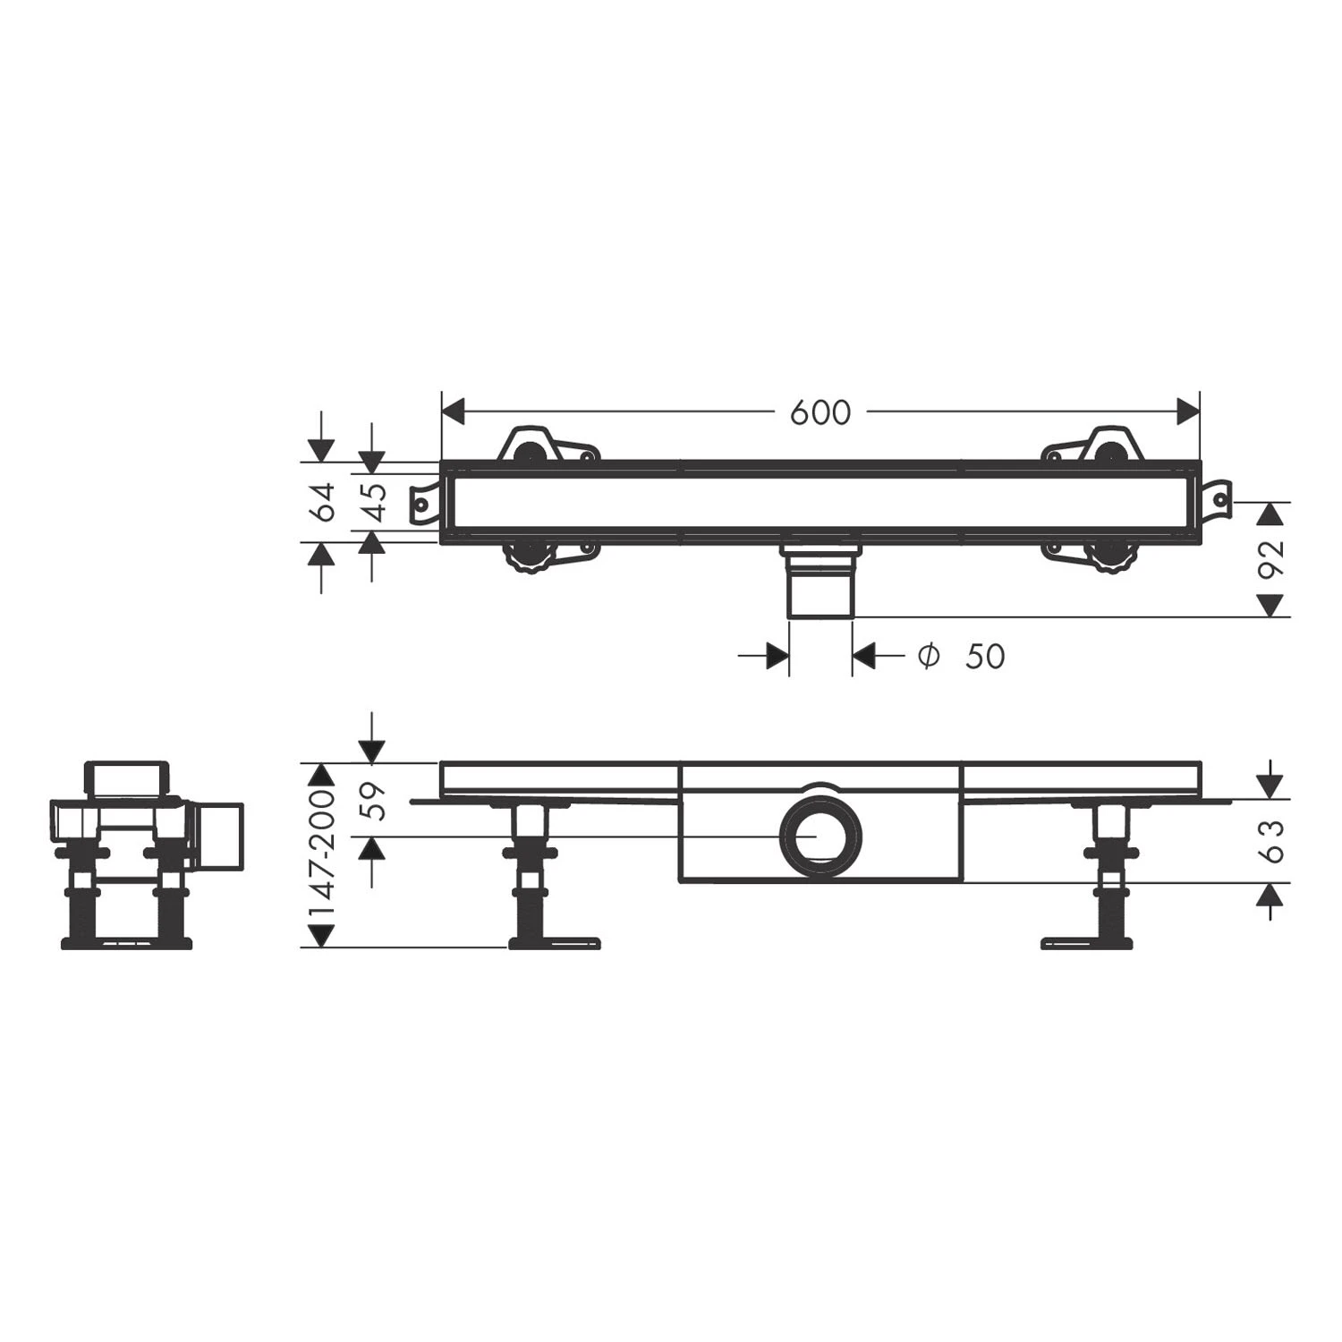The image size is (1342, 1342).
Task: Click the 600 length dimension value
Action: click(820, 412)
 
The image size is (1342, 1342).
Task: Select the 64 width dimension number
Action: click(322, 501)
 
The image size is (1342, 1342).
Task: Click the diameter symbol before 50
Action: click(929, 656)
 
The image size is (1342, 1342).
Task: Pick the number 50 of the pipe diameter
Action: click(985, 657)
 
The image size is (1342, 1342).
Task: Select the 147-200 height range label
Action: click(321, 854)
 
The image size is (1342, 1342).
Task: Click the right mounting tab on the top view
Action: click(1218, 501)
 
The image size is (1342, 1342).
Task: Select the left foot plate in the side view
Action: click(555, 942)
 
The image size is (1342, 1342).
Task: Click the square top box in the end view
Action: click(125, 778)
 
